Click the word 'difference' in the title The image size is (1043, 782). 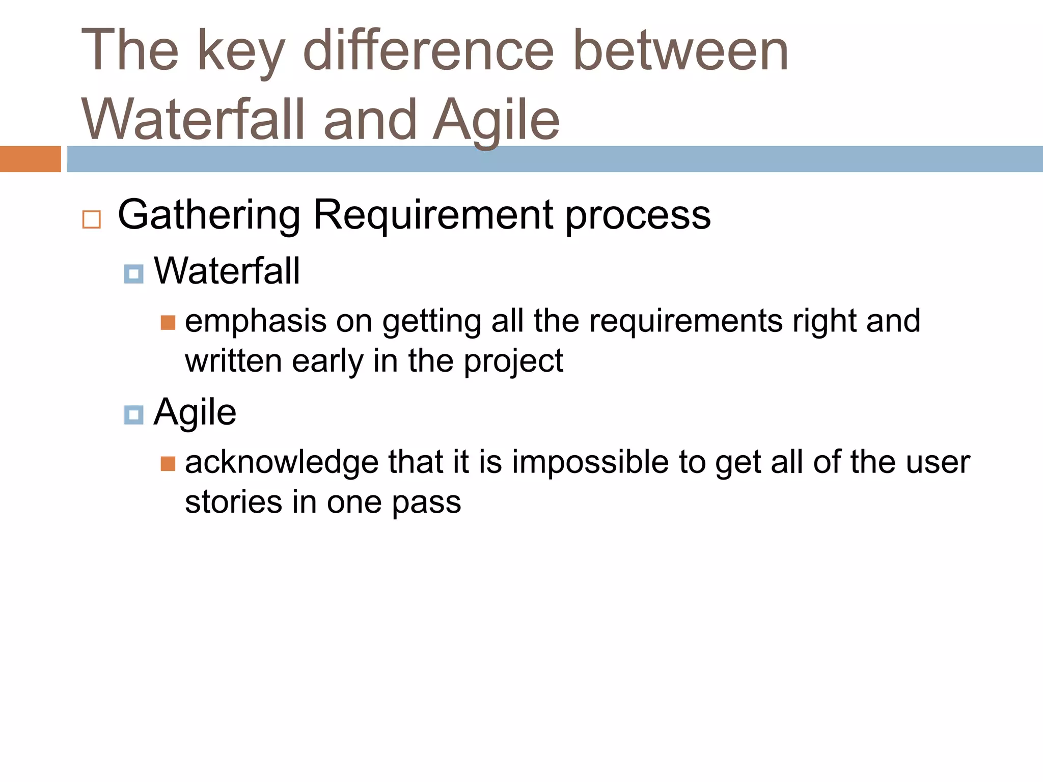[428, 51]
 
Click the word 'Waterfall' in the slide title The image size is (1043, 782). [194, 120]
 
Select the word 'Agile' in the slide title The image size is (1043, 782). [497, 120]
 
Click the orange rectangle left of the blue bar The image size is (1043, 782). [30, 159]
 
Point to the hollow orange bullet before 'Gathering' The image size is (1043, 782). [92, 219]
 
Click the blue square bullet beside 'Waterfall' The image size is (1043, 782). [133, 274]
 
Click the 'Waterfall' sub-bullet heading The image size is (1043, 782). [227, 271]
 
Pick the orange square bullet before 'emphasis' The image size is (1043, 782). [168, 323]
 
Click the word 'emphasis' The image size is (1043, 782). [256, 322]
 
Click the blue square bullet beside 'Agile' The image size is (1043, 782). [133, 415]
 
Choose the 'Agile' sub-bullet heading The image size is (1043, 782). [195, 412]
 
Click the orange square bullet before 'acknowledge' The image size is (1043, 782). [168, 464]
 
